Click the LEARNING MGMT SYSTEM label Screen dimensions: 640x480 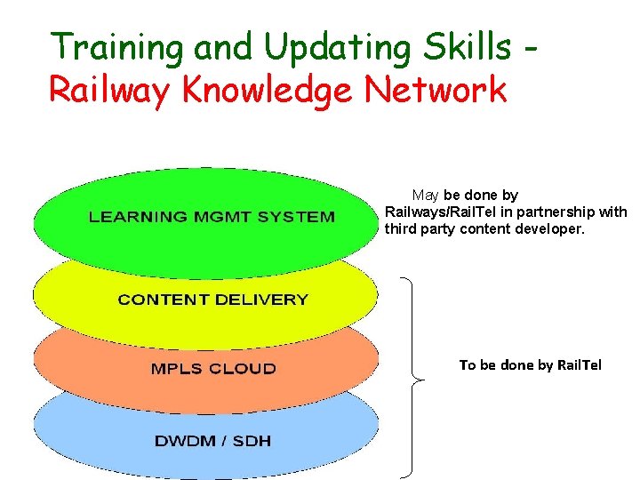[211, 216]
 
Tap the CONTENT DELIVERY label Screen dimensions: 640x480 [212, 300]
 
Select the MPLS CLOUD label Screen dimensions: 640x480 [213, 368]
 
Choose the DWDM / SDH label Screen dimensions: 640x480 [212, 441]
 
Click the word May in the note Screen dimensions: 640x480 [425, 195]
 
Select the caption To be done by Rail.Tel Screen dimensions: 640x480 [530, 364]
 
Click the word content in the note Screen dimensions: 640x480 [488, 228]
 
